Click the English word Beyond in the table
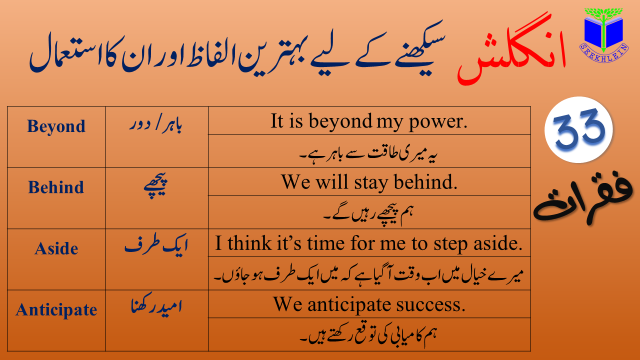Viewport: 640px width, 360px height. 56,126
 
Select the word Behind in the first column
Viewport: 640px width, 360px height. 56,187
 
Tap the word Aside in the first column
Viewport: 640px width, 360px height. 56,248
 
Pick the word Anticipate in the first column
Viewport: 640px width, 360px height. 56,309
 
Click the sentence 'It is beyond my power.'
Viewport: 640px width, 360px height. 369,121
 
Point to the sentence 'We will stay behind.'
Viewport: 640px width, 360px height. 369,182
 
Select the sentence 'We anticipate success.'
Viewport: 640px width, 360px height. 369,304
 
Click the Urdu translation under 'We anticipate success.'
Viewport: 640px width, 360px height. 368,335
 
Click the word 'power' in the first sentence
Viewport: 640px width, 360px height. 438,122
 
